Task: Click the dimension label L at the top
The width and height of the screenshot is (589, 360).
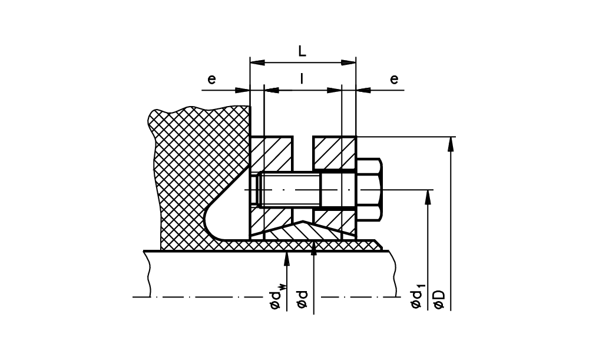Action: (x=302, y=51)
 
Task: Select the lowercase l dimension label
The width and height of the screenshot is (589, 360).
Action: (x=302, y=79)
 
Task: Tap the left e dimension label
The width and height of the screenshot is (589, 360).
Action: (x=212, y=80)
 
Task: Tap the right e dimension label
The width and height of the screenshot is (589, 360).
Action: (x=394, y=80)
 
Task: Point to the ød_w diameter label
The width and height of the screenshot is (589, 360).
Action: (x=276, y=298)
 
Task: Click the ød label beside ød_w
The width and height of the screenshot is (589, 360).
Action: (x=302, y=299)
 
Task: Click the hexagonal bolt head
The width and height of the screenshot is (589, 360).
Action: (x=369, y=189)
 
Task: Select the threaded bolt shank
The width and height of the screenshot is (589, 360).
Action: (x=289, y=189)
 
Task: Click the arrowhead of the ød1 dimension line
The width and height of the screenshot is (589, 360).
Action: (x=428, y=197)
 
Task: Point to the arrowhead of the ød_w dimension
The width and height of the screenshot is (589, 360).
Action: (x=287, y=259)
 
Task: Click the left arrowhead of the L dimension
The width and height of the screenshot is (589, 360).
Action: (x=258, y=62)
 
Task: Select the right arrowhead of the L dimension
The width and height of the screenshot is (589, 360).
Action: (x=348, y=62)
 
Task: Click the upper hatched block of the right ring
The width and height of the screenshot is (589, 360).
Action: (x=335, y=153)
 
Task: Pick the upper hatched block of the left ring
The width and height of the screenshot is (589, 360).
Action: (x=271, y=153)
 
